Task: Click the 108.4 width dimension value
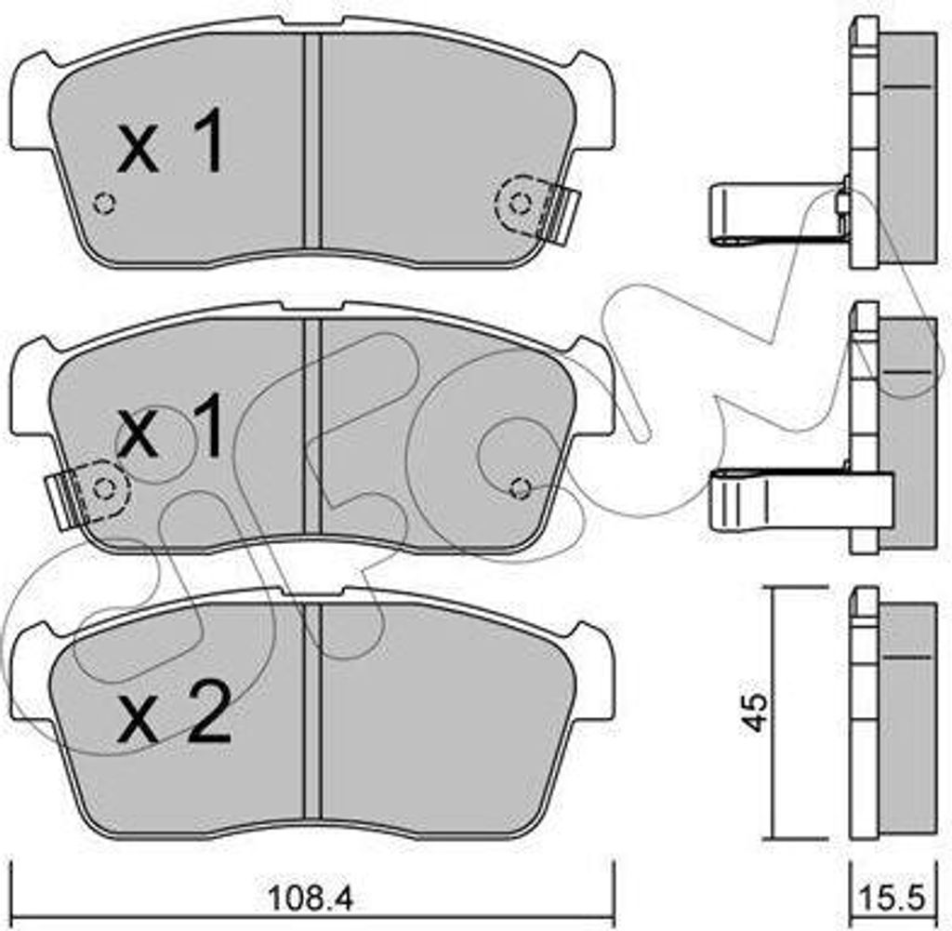310,898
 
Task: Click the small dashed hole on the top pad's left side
104,203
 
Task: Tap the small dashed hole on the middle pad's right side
521,487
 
